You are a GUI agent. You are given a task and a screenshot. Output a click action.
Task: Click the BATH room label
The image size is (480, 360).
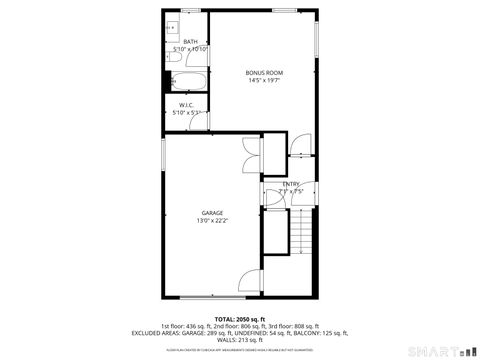click(x=189, y=42)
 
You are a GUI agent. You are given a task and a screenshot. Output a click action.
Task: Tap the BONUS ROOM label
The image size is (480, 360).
click(x=265, y=73)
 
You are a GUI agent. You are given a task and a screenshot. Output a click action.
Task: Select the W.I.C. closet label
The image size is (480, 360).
click(x=185, y=105)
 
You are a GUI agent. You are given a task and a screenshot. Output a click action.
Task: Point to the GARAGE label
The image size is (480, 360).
click(x=212, y=213)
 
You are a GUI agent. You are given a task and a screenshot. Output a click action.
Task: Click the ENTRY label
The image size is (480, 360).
click(x=290, y=183)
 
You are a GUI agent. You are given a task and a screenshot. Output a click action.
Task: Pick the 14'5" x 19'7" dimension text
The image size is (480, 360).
click(x=265, y=81)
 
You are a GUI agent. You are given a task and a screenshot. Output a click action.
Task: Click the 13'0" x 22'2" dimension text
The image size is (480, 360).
click(x=212, y=221)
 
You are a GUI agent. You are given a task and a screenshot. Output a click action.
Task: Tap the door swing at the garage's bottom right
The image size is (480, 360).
click(x=251, y=282)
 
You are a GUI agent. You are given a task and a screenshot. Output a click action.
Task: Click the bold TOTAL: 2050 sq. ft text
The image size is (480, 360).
click(x=239, y=318)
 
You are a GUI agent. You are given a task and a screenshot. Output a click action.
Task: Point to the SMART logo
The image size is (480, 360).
click(x=441, y=350)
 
